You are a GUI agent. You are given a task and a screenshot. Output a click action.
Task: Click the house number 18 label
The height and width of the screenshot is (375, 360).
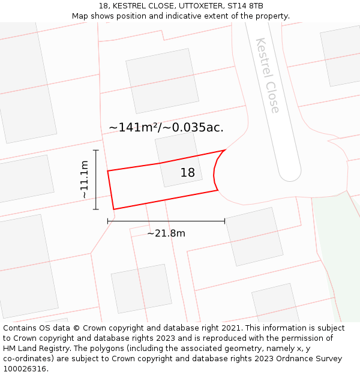188,173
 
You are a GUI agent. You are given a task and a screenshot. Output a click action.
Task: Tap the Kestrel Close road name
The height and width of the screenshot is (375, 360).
268,76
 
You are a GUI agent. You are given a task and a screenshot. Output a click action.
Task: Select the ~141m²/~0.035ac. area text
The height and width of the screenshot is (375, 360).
166,127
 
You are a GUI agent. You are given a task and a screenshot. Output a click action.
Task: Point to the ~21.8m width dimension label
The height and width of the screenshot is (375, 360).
166,233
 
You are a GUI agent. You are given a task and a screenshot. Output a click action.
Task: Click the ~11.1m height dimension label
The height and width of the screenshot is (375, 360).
85,179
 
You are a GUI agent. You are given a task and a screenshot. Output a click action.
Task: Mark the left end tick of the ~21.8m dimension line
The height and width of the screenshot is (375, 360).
108,221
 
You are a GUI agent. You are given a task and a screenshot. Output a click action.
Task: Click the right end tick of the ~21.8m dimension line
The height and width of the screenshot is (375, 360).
224,221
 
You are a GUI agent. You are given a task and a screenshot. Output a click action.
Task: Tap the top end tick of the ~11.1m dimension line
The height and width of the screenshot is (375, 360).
96,150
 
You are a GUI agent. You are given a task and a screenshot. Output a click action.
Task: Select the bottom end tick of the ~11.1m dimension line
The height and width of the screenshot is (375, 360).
96,209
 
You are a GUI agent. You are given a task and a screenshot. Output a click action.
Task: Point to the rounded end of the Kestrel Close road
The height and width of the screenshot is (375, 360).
290,173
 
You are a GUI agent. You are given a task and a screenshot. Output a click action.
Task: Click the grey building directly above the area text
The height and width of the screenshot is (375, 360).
162,81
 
